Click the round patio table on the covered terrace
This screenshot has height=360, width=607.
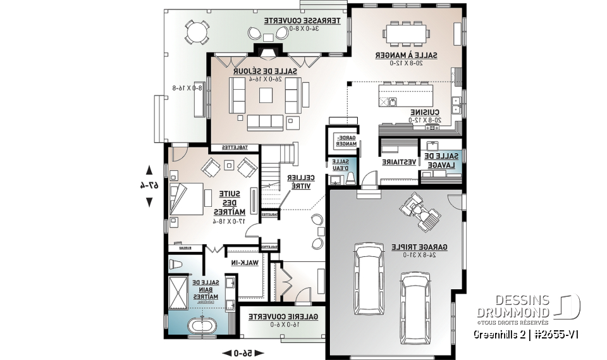point(196,31)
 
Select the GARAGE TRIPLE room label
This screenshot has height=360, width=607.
point(416,246)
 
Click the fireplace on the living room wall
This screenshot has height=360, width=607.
point(265,51)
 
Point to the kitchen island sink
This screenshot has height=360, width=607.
point(393,101)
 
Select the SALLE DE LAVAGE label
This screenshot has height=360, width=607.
point(442,160)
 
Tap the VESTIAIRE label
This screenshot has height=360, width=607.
point(400,162)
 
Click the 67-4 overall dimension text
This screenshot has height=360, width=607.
point(149,185)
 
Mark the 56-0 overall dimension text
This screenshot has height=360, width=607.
point(240,352)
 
